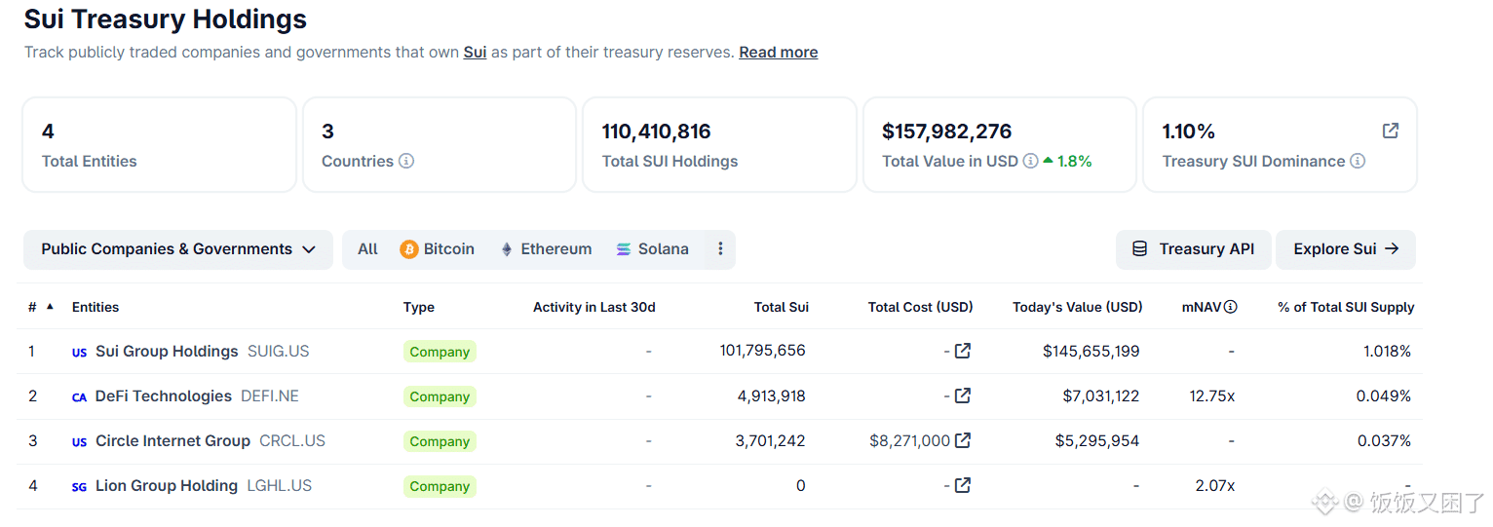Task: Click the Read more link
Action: pos(778,53)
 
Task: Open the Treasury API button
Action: pos(1193,249)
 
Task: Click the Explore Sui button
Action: pos(1345,249)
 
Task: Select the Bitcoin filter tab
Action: pos(438,249)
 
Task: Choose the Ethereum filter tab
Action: pos(546,249)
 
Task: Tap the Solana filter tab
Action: pos(652,249)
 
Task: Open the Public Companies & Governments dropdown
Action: pos(178,249)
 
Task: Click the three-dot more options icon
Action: pos(720,249)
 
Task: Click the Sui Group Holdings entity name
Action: pos(167,352)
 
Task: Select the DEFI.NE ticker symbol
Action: pos(270,396)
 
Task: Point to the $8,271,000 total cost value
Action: pos(909,441)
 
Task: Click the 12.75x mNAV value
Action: pos(1211,396)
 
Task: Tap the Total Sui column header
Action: pos(781,307)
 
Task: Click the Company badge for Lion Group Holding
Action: pos(440,486)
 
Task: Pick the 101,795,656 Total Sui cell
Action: pos(762,351)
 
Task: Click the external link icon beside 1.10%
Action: pos(1390,131)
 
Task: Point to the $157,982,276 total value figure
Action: pos(946,132)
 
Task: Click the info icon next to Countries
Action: pos(406,162)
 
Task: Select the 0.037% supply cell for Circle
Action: pos(1384,441)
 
